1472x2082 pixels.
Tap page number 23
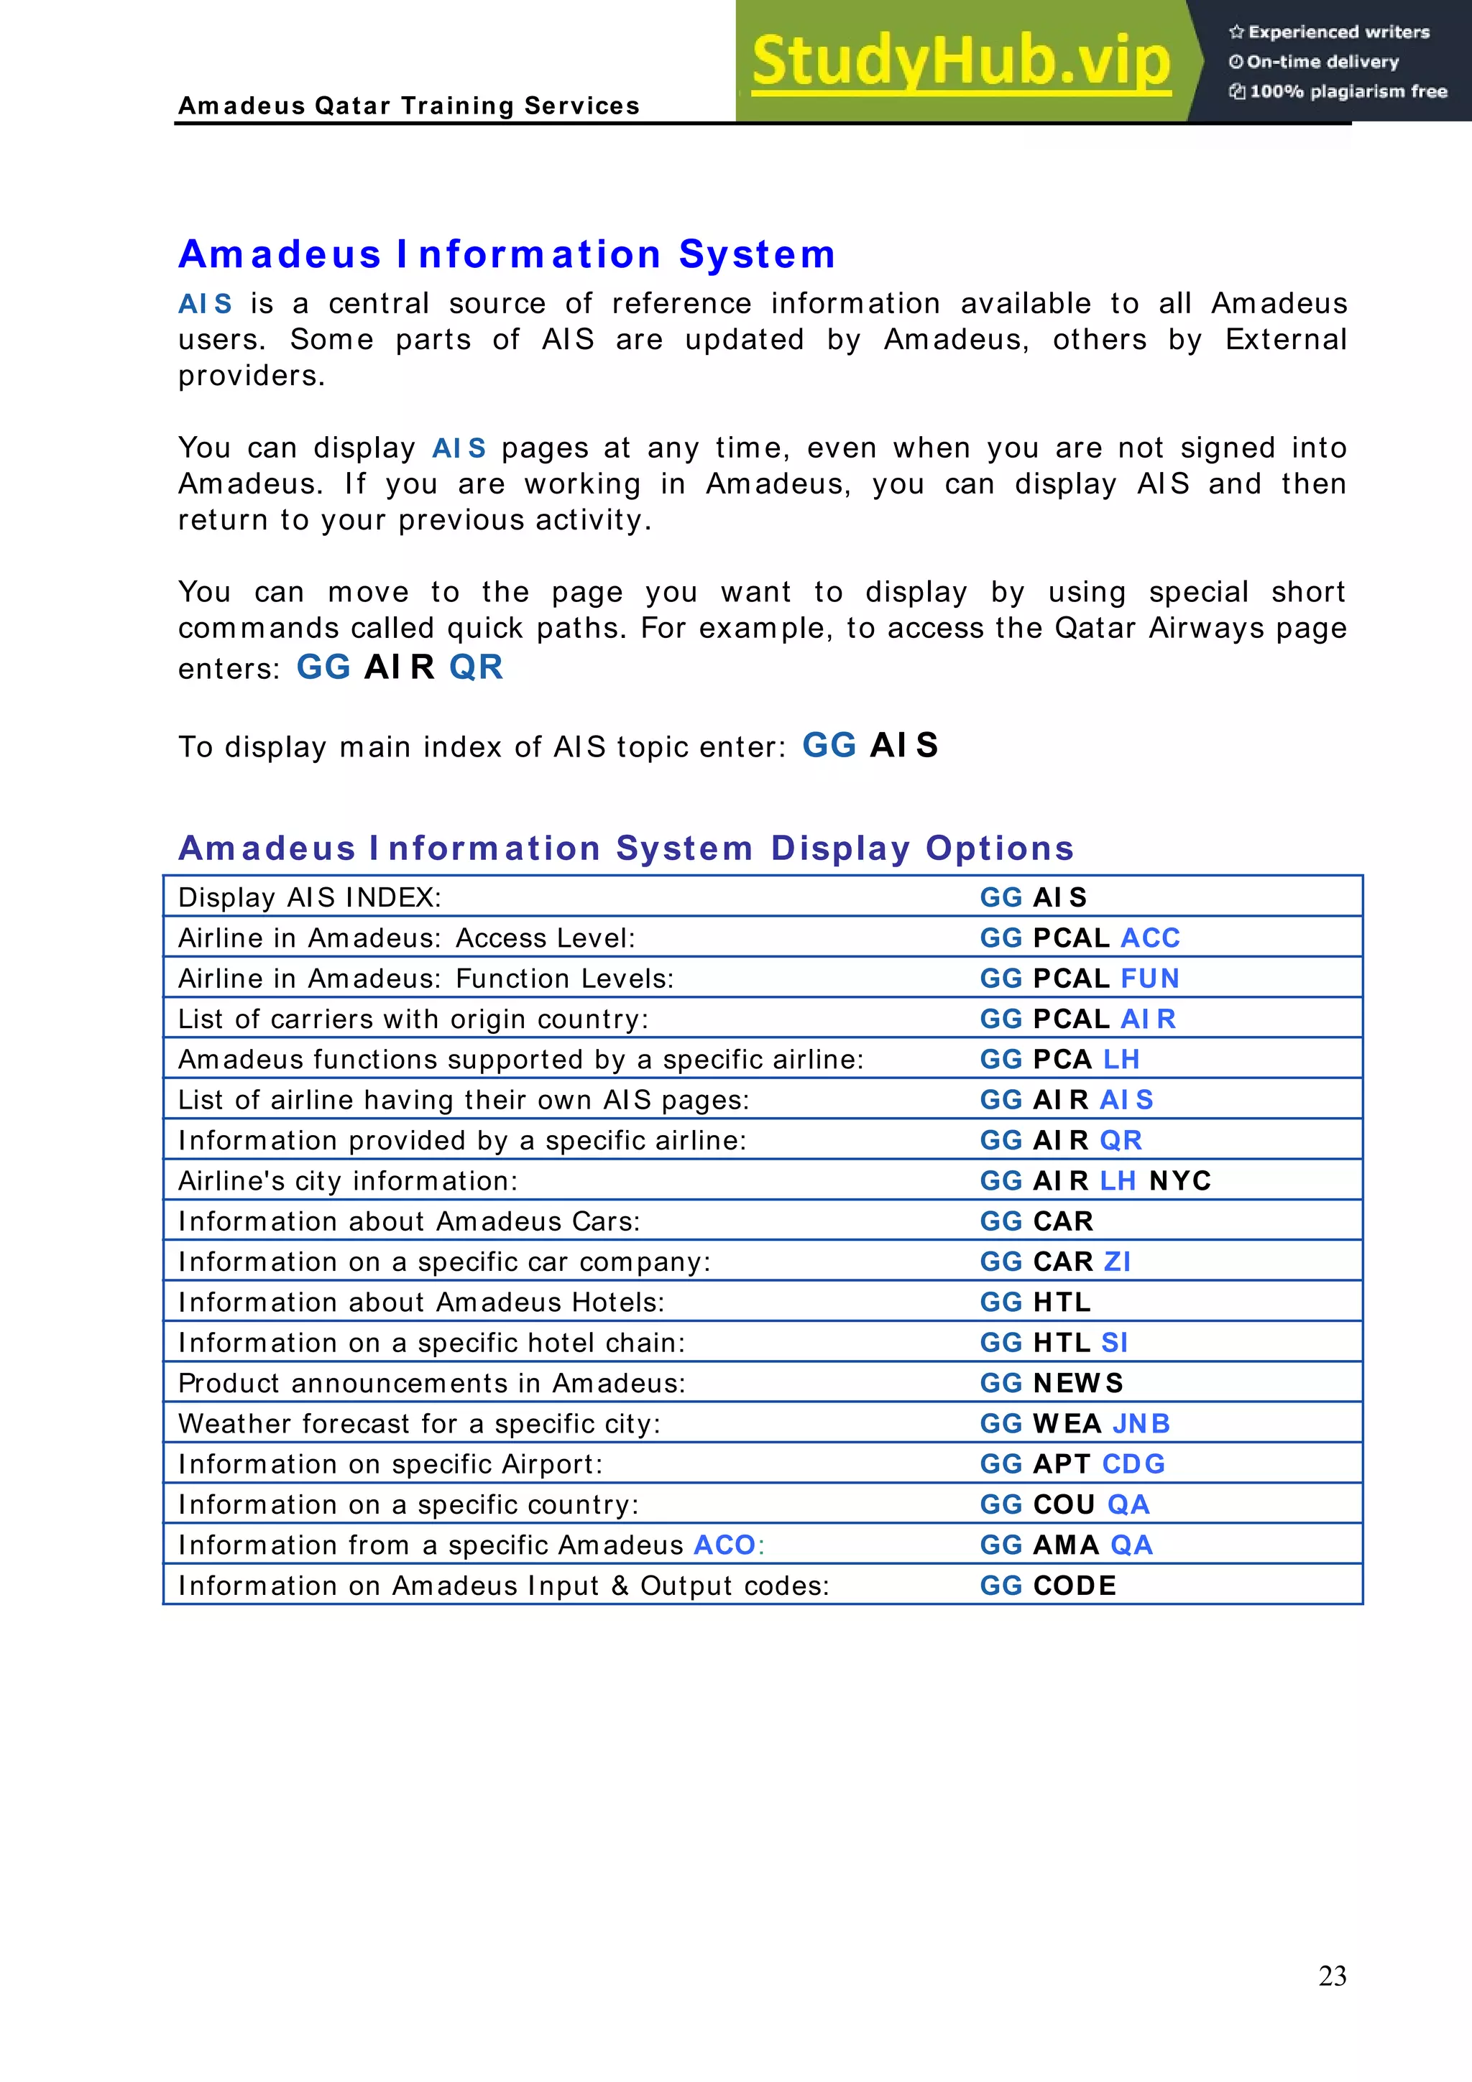1331,1975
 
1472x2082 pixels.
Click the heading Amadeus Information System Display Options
626,848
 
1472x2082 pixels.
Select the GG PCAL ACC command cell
1080,938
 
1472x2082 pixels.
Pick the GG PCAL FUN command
1080,978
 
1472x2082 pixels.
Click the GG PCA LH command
1059,1059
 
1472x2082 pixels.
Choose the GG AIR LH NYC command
1095,1180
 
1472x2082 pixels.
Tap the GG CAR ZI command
1055,1262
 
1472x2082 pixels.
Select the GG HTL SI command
1054,1342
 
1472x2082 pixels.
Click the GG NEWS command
1051,1383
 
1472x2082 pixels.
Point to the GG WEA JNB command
1075,1424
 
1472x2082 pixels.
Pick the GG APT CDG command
1072,1463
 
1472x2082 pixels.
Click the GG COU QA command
1064,1504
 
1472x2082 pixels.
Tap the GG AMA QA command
1066,1545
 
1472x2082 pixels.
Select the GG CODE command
1047,1586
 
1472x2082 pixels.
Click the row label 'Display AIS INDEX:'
309,898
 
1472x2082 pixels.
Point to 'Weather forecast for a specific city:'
419,1424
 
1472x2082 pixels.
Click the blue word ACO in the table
725,1545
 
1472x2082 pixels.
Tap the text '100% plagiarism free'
1348,91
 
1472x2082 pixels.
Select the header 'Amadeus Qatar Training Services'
409,106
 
